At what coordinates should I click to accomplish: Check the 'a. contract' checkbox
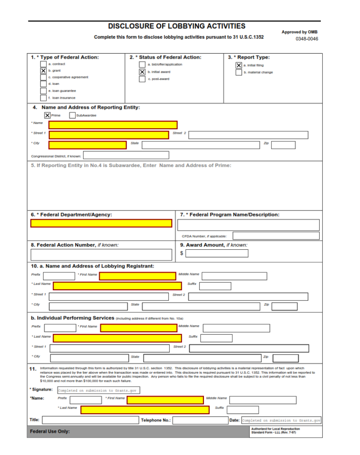click(x=44, y=64)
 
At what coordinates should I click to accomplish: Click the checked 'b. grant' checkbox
click(x=44, y=71)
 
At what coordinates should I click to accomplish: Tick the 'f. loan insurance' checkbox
click(x=44, y=98)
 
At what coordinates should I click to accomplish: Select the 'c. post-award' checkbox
click(x=142, y=79)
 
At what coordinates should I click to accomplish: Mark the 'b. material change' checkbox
click(x=239, y=72)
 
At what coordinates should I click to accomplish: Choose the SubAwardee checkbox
click(x=72, y=116)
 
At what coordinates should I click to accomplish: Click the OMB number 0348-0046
click(x=307, y=39)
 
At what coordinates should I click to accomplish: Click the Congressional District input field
click(x=126, y=155)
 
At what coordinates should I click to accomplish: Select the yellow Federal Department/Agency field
click(x=101, y=223)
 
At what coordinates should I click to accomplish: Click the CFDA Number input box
click(x=276, y=236)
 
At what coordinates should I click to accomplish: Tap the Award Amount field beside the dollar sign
click(x=216, y=254)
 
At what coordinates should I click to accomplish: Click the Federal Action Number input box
click(x=101, y=255)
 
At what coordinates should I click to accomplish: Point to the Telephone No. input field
click(x=200, y=420)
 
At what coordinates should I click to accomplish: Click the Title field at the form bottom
click(x=90, y=420)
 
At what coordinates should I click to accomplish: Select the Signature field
click(x=98, y=391)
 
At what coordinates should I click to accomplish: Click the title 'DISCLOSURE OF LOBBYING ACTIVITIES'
click(x=176, y=27)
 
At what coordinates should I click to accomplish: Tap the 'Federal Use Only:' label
click(x=50, y=431)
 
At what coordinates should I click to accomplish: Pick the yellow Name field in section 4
click(x=113, y=125)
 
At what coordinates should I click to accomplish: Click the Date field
click(x=281, y=420)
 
